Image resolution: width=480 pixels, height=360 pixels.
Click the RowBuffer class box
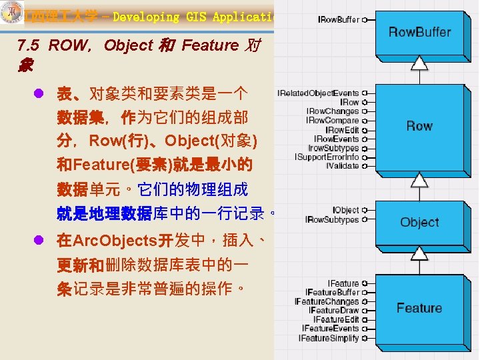point(419,32)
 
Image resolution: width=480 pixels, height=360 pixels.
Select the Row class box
point(419,125)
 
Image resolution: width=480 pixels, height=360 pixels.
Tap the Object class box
point(419,222)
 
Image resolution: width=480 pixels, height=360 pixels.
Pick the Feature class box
point(419,308)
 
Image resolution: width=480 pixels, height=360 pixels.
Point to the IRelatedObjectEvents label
point(318,93)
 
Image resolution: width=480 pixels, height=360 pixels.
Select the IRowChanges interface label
point(332,111)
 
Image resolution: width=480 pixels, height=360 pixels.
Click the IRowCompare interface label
point(332,121)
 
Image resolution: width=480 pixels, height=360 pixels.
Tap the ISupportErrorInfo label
point(327,157)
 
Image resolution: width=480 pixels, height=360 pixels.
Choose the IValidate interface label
point(342,166)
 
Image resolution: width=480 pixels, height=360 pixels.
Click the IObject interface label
point(345,210)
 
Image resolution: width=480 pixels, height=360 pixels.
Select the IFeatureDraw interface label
point(333,311)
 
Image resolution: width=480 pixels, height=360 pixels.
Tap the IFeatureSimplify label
point(329,338)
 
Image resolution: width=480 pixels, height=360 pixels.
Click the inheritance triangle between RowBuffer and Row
point(419,64)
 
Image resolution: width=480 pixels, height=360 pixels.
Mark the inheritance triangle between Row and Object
point(419,180)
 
